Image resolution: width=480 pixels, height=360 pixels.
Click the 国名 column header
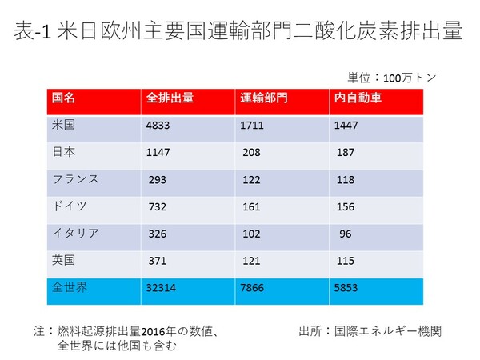(x=64, y=98)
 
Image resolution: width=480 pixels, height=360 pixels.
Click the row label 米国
(x=63, y=125)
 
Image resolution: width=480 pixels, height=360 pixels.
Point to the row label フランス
(x=76, y=178)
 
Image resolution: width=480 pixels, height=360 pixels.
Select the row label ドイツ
(x=70, y=206)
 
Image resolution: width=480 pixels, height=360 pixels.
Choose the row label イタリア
(x=76, y=233)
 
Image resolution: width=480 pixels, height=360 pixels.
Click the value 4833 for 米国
(x=159, y=126)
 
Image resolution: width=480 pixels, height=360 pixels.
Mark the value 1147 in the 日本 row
(x=159, y=153)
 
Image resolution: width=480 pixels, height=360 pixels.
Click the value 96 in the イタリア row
(x=345, y=234)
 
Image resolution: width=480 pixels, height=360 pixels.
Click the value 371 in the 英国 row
(x=158, y=261)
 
